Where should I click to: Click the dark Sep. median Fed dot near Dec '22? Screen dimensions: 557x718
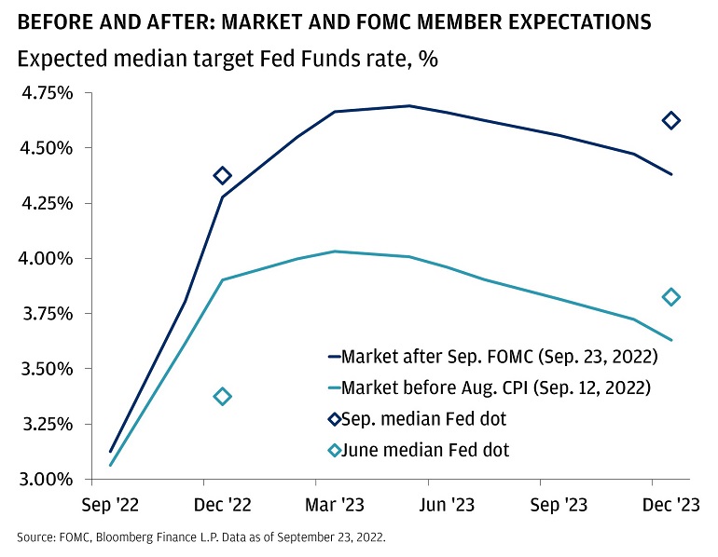222,175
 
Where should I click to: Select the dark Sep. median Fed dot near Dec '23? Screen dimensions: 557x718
670,120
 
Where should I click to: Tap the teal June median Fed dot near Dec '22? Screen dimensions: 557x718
222,396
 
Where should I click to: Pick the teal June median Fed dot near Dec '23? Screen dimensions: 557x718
670,297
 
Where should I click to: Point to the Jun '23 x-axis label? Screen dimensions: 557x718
446,505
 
